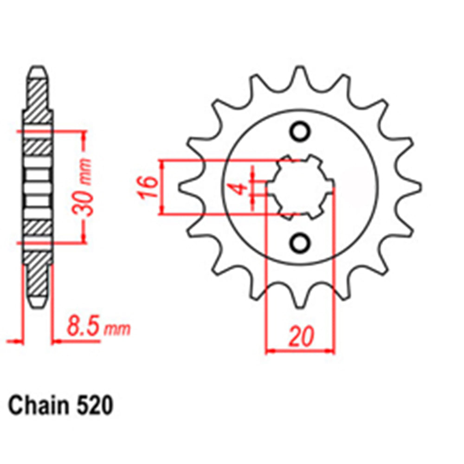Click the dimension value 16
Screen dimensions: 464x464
tap(148, 187)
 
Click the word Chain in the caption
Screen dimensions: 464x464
tap(35, 405)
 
